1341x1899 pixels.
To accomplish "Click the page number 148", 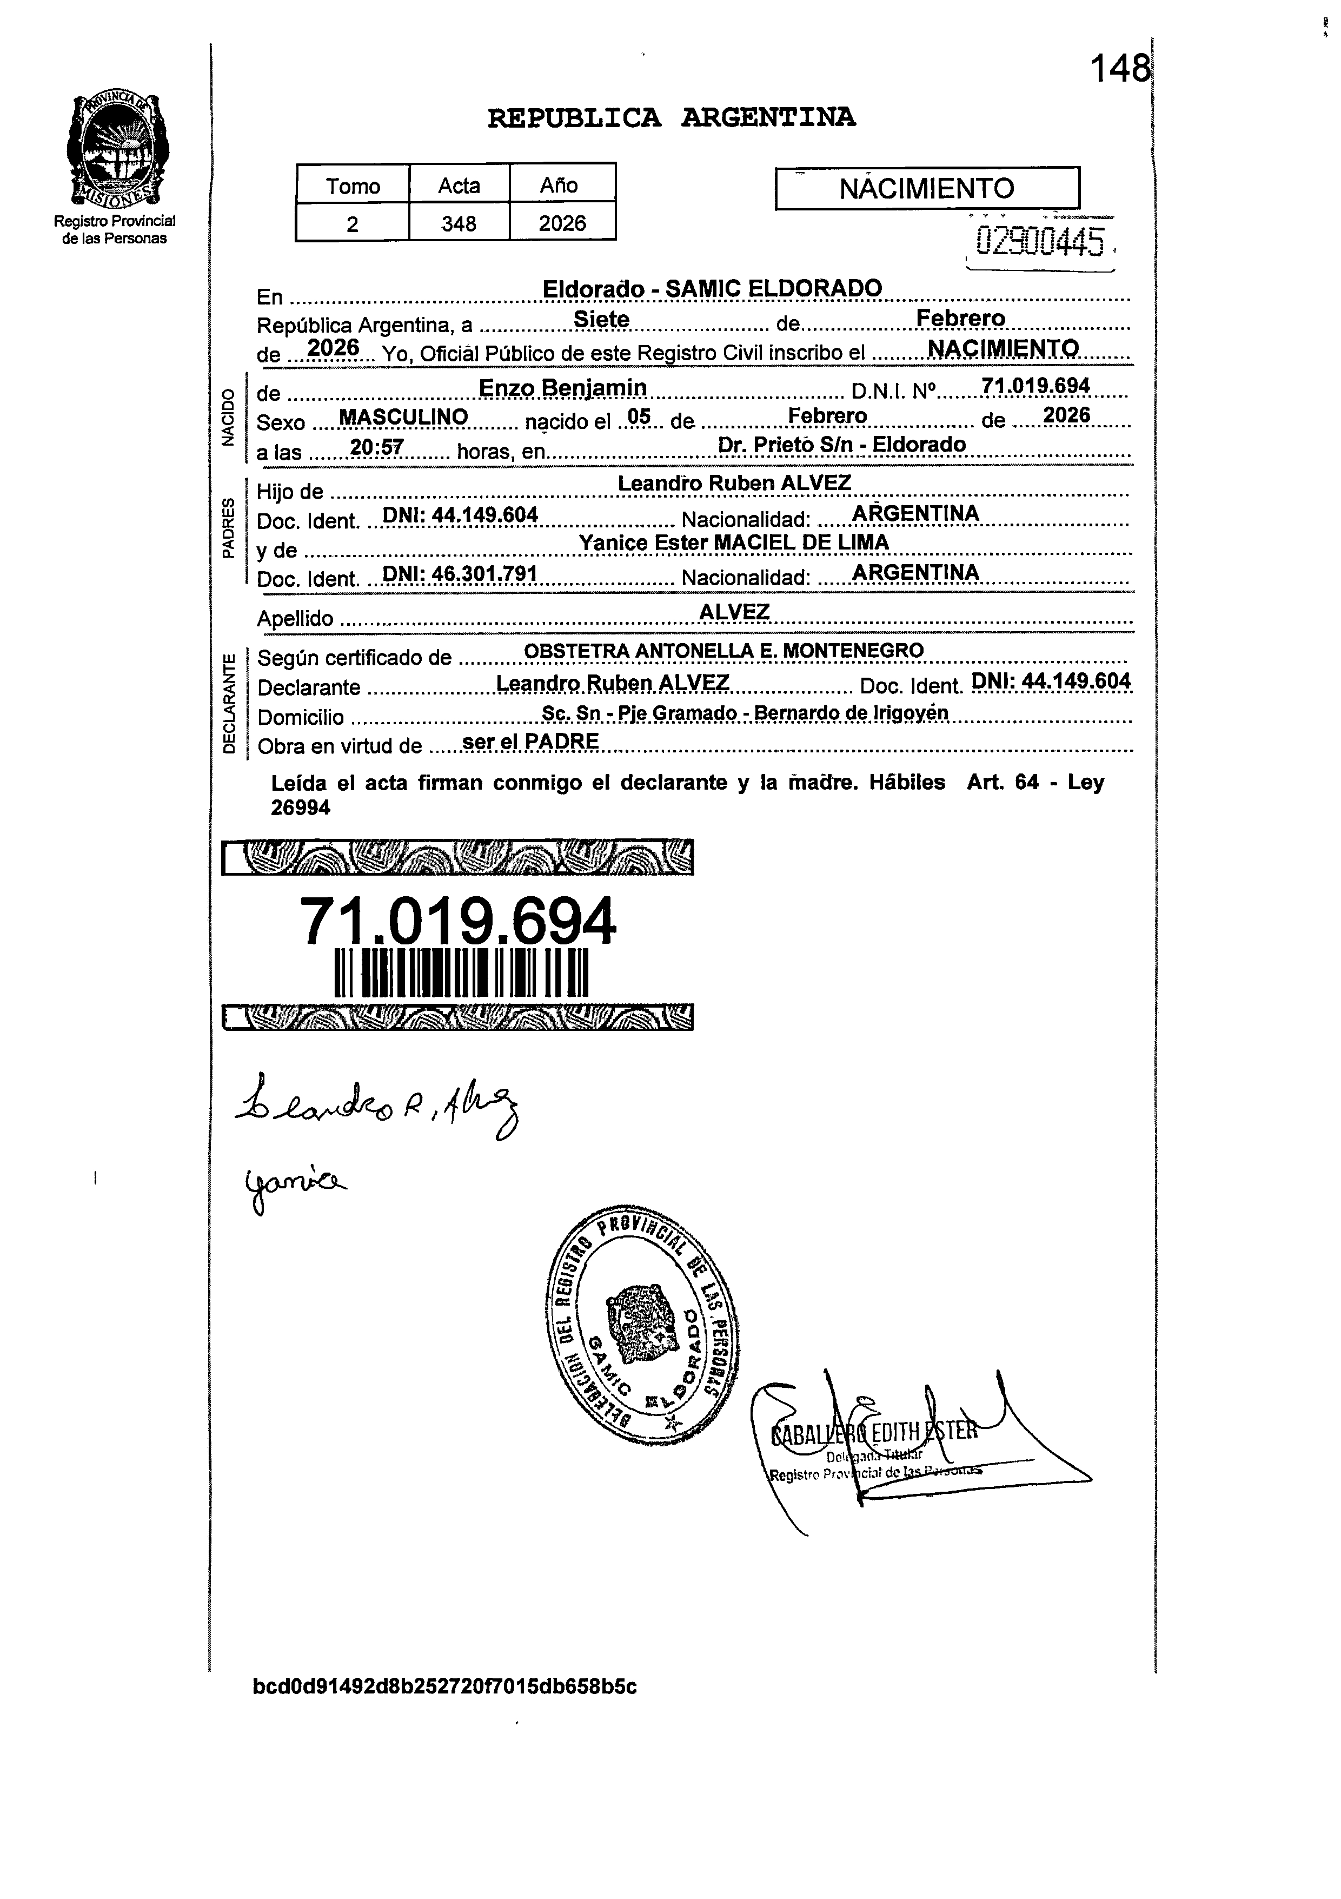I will (x=1119, y=69).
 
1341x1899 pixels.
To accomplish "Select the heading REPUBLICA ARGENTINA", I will (x=672, y=118).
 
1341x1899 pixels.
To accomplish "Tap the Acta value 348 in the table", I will (x=459, y=223).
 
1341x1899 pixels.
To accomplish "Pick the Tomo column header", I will (x=353, y=186).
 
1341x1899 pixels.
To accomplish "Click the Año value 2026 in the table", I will (x=562, y=223).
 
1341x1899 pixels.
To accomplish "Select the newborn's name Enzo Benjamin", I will (x=562, y=388).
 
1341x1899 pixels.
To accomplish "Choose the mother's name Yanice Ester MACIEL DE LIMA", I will (x=733, y=542).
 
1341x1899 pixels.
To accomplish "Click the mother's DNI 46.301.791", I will (x=460, y=574).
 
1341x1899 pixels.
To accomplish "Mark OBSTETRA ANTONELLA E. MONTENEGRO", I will (x=723, y=651).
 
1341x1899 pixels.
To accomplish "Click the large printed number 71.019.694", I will (x=457, y=922).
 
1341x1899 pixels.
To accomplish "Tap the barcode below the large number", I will (x=461, y=974).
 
